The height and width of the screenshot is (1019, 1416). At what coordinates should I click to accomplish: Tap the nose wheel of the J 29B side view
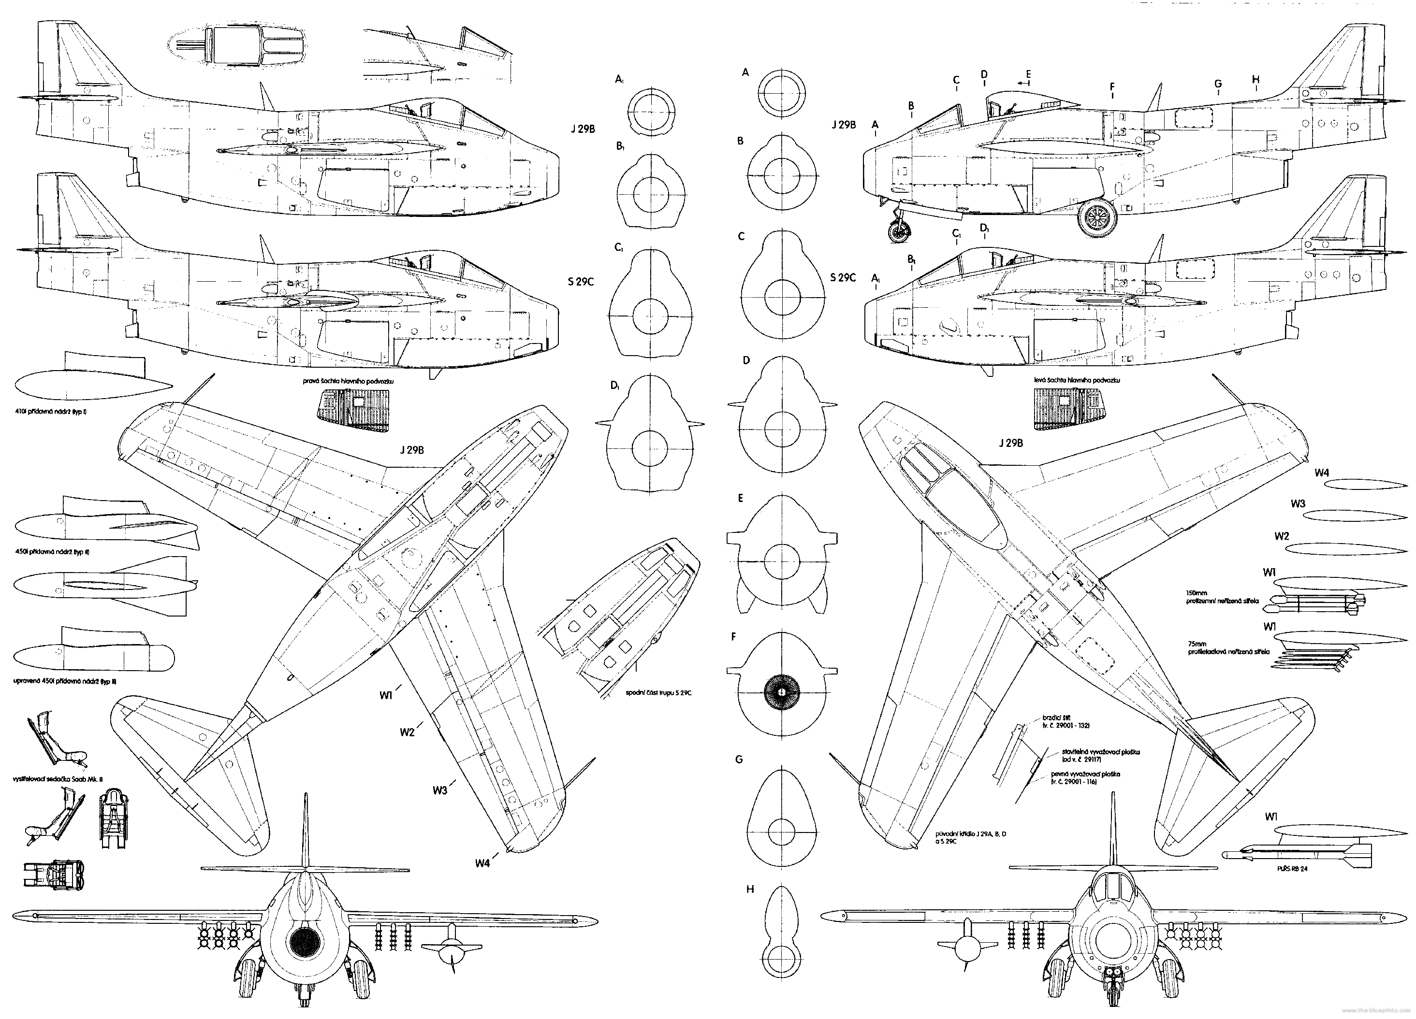click(x=899, y=233)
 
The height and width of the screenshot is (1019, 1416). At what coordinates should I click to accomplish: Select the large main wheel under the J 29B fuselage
click(x=1099, y=216)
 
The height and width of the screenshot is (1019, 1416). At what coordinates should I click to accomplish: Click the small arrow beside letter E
click(x=1022, y=82)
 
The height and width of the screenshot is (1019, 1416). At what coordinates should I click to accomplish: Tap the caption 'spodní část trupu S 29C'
click(x=658, y=693)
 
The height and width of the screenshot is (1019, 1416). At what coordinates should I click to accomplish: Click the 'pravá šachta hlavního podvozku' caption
click(x=349, y=381)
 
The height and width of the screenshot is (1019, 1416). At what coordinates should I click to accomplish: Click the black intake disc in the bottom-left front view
click(x=307, y=940)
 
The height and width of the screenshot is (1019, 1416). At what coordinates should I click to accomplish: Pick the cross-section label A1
click(x=620, y=79)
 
